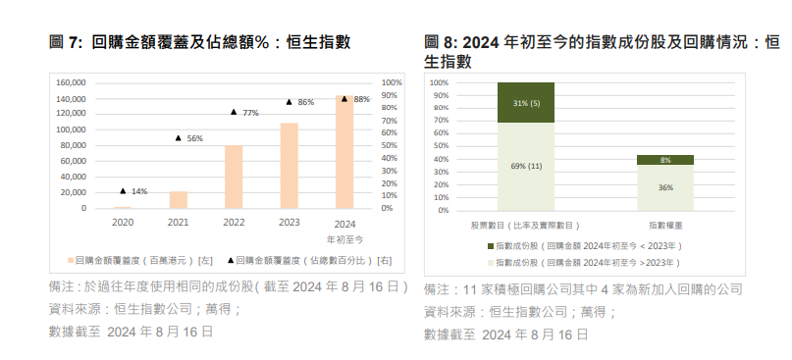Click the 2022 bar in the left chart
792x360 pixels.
tap(234, 178)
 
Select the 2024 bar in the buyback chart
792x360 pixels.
tap(344, 152)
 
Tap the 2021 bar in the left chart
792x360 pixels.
tap(178, 200)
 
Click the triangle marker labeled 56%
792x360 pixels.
tap(178, 137)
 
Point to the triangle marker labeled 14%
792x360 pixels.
tap(123, 190)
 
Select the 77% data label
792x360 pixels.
tap(250, 113)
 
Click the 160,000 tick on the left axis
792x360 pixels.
tap(72, 83)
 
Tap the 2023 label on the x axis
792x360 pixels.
tap(290, 223)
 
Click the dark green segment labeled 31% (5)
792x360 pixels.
tap(526, 102)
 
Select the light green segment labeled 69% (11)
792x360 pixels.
tap(526, 166)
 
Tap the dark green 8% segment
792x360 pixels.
tap(665, 159)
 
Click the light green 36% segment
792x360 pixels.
tap(665, 186)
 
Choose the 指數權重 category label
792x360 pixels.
tap(665, 225)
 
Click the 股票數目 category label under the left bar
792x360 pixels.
tap(526, 225)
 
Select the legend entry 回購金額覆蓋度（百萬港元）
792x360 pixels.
tap(136, 261)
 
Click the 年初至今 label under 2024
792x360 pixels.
tap(344, 238)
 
